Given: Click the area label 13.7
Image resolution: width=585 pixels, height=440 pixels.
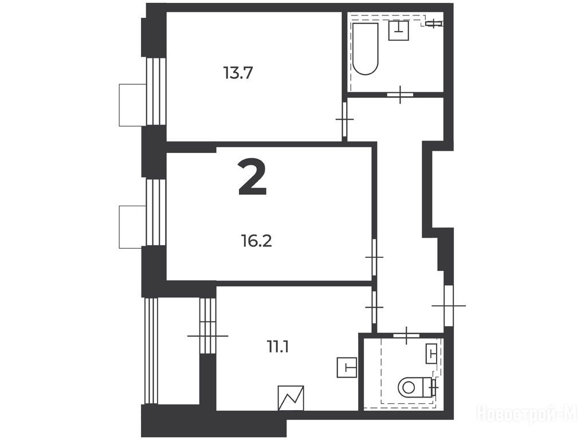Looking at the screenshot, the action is (238, 73).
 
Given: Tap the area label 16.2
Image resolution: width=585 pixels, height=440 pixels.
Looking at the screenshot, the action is (256, 241).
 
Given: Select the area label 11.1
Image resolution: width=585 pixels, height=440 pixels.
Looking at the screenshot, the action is (278, 347).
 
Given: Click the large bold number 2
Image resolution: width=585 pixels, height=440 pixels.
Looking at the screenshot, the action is (253, 176).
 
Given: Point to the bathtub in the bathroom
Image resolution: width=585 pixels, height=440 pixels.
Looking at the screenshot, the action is (366, 49).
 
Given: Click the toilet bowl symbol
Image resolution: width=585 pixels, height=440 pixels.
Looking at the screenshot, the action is (414, 387).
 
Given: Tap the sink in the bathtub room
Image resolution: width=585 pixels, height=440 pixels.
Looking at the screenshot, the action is (399, 30).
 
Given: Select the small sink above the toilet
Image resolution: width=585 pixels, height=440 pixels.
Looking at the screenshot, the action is (431, 353).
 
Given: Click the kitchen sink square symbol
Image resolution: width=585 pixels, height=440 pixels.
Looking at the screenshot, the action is (347, 367).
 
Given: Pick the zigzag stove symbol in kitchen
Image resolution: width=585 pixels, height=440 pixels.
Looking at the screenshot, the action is (291, 398).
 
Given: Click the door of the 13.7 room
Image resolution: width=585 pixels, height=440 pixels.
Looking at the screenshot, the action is (345, 119).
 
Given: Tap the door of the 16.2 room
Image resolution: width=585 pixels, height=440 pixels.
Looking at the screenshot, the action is (374, 257).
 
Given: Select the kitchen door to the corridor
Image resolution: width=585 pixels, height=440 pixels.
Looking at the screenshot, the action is (374, 307).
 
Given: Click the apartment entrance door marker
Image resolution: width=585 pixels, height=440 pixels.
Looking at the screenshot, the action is (449, 305).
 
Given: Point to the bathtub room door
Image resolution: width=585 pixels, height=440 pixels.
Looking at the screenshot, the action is (400, 95).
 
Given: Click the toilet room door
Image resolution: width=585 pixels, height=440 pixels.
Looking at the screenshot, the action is (406, 335).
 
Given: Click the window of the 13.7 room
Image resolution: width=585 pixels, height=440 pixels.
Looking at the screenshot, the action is (156, 92).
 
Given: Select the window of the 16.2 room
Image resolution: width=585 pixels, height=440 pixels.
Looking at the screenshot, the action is (156, 213).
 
